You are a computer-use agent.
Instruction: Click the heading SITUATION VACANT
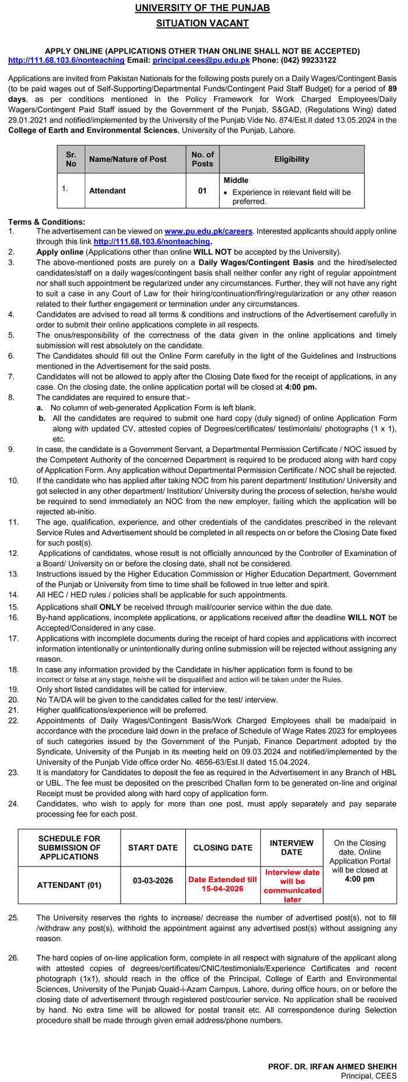(202, 23)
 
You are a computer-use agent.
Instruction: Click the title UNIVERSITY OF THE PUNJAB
(202, 8)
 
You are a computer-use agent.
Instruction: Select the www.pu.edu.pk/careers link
(209, 231)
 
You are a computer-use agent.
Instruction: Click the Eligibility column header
(291, 159)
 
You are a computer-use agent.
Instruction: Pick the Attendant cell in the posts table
(107, 191)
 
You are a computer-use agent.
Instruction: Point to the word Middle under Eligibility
(236, 181)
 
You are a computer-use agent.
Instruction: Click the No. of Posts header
(202, 159)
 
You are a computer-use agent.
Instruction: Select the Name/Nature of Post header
(128, 159)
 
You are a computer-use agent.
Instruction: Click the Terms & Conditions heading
(47, 222)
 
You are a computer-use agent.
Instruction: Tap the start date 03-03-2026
(153, 880)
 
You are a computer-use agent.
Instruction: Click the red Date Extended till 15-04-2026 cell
(223, 884)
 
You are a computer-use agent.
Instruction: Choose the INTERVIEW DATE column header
(291, 847)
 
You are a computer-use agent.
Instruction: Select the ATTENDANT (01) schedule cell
(69, 884)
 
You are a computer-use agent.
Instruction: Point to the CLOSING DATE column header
(223, 848)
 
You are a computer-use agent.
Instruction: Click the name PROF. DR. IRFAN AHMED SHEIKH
(332, 1066)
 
